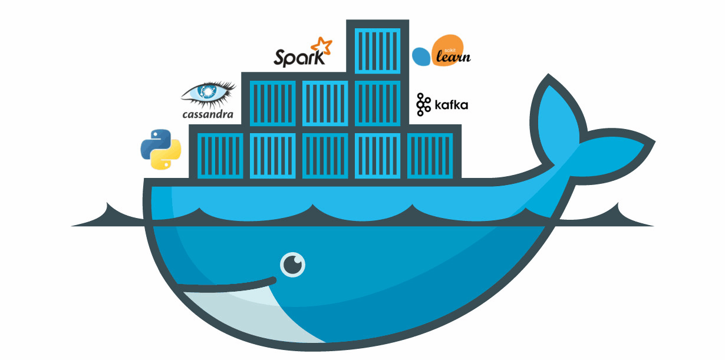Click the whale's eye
293,265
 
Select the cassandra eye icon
207,93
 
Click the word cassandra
208,114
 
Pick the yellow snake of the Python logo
166,156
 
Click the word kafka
451,105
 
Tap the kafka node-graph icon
423,104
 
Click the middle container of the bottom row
325,156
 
